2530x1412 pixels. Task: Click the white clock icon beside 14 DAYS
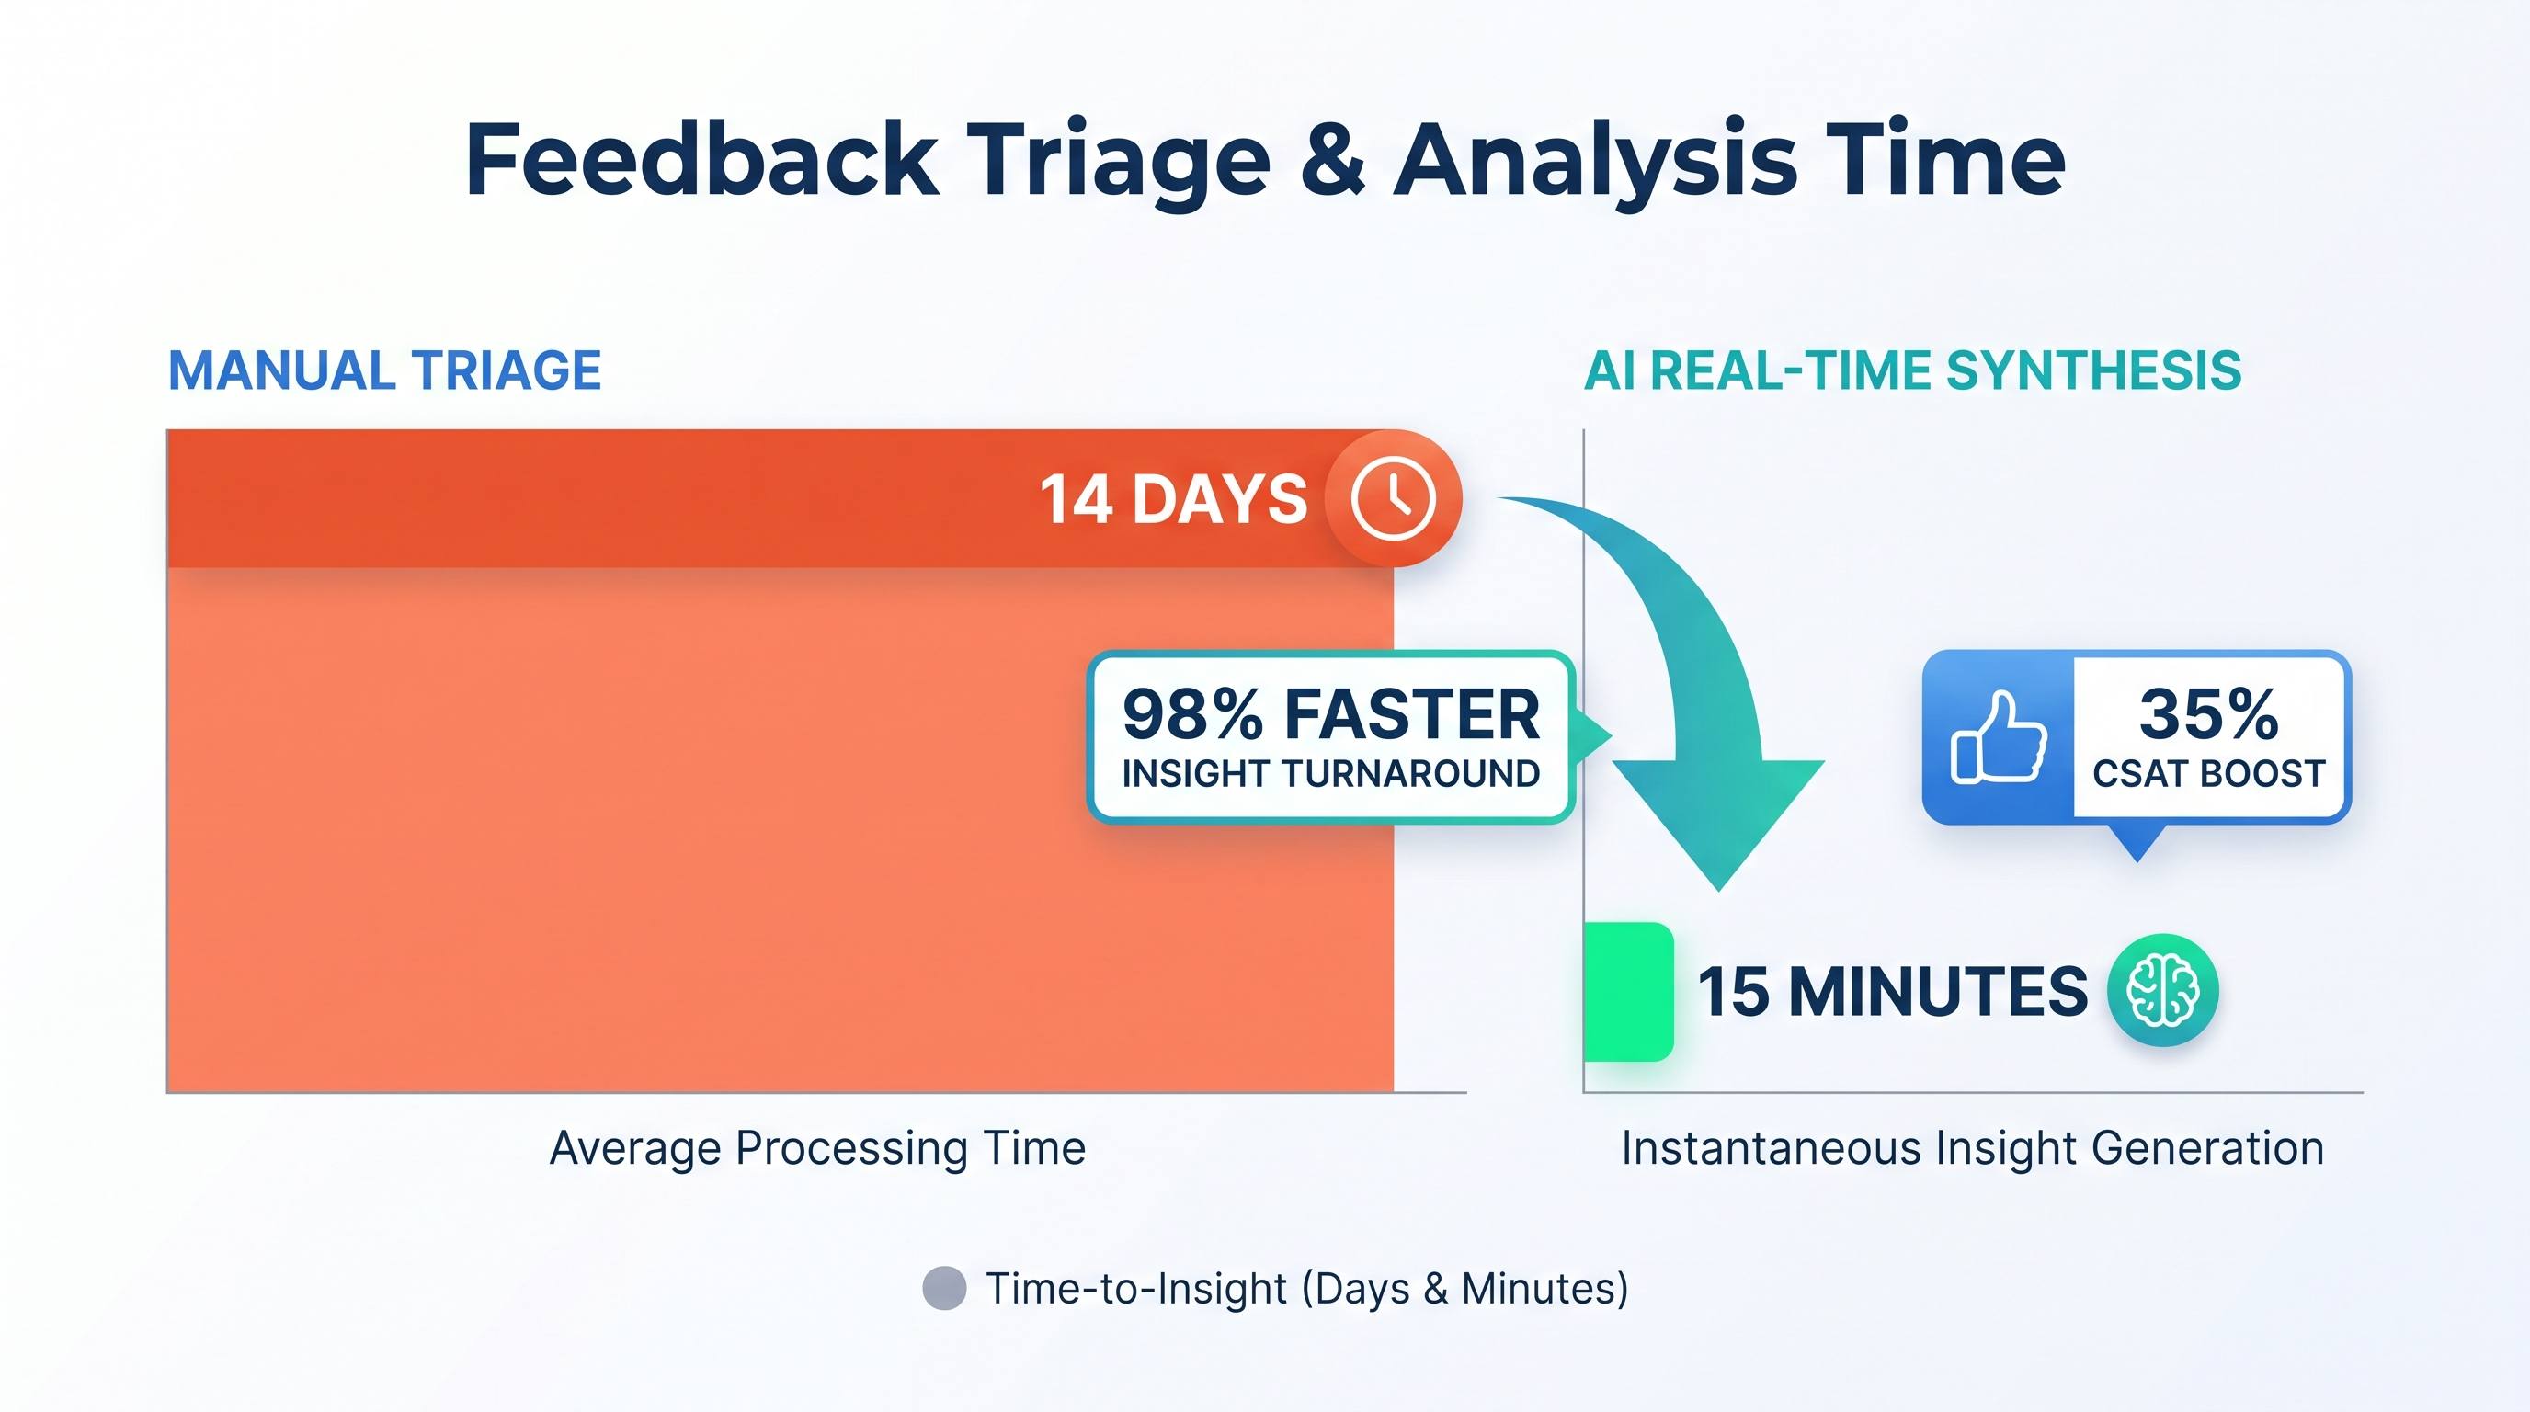[1393, 498]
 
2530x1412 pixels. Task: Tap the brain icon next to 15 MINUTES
[2161, 989]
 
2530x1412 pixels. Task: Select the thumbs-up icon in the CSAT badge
[1999, 736]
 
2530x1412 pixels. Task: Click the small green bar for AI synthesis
[1628, 992]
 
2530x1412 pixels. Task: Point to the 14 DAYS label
[1173, 499]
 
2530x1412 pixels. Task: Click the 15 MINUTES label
[1893, 991]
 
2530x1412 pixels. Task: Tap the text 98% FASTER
[1331, 714]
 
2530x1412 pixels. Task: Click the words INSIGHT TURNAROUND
[1331, 774]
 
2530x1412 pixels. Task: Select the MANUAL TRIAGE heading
[385, 371]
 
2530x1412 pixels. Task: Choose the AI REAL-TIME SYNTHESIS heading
[1913, 371]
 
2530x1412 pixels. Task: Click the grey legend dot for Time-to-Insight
[945, 1288]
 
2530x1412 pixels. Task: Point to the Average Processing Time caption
[818, 1148]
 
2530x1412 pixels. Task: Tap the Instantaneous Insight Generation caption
[1973, 1148]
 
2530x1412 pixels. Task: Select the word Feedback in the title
[702, 157]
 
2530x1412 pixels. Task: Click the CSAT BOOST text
[2209, 774]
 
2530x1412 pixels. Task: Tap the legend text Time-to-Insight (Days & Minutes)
[1307, 1289]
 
